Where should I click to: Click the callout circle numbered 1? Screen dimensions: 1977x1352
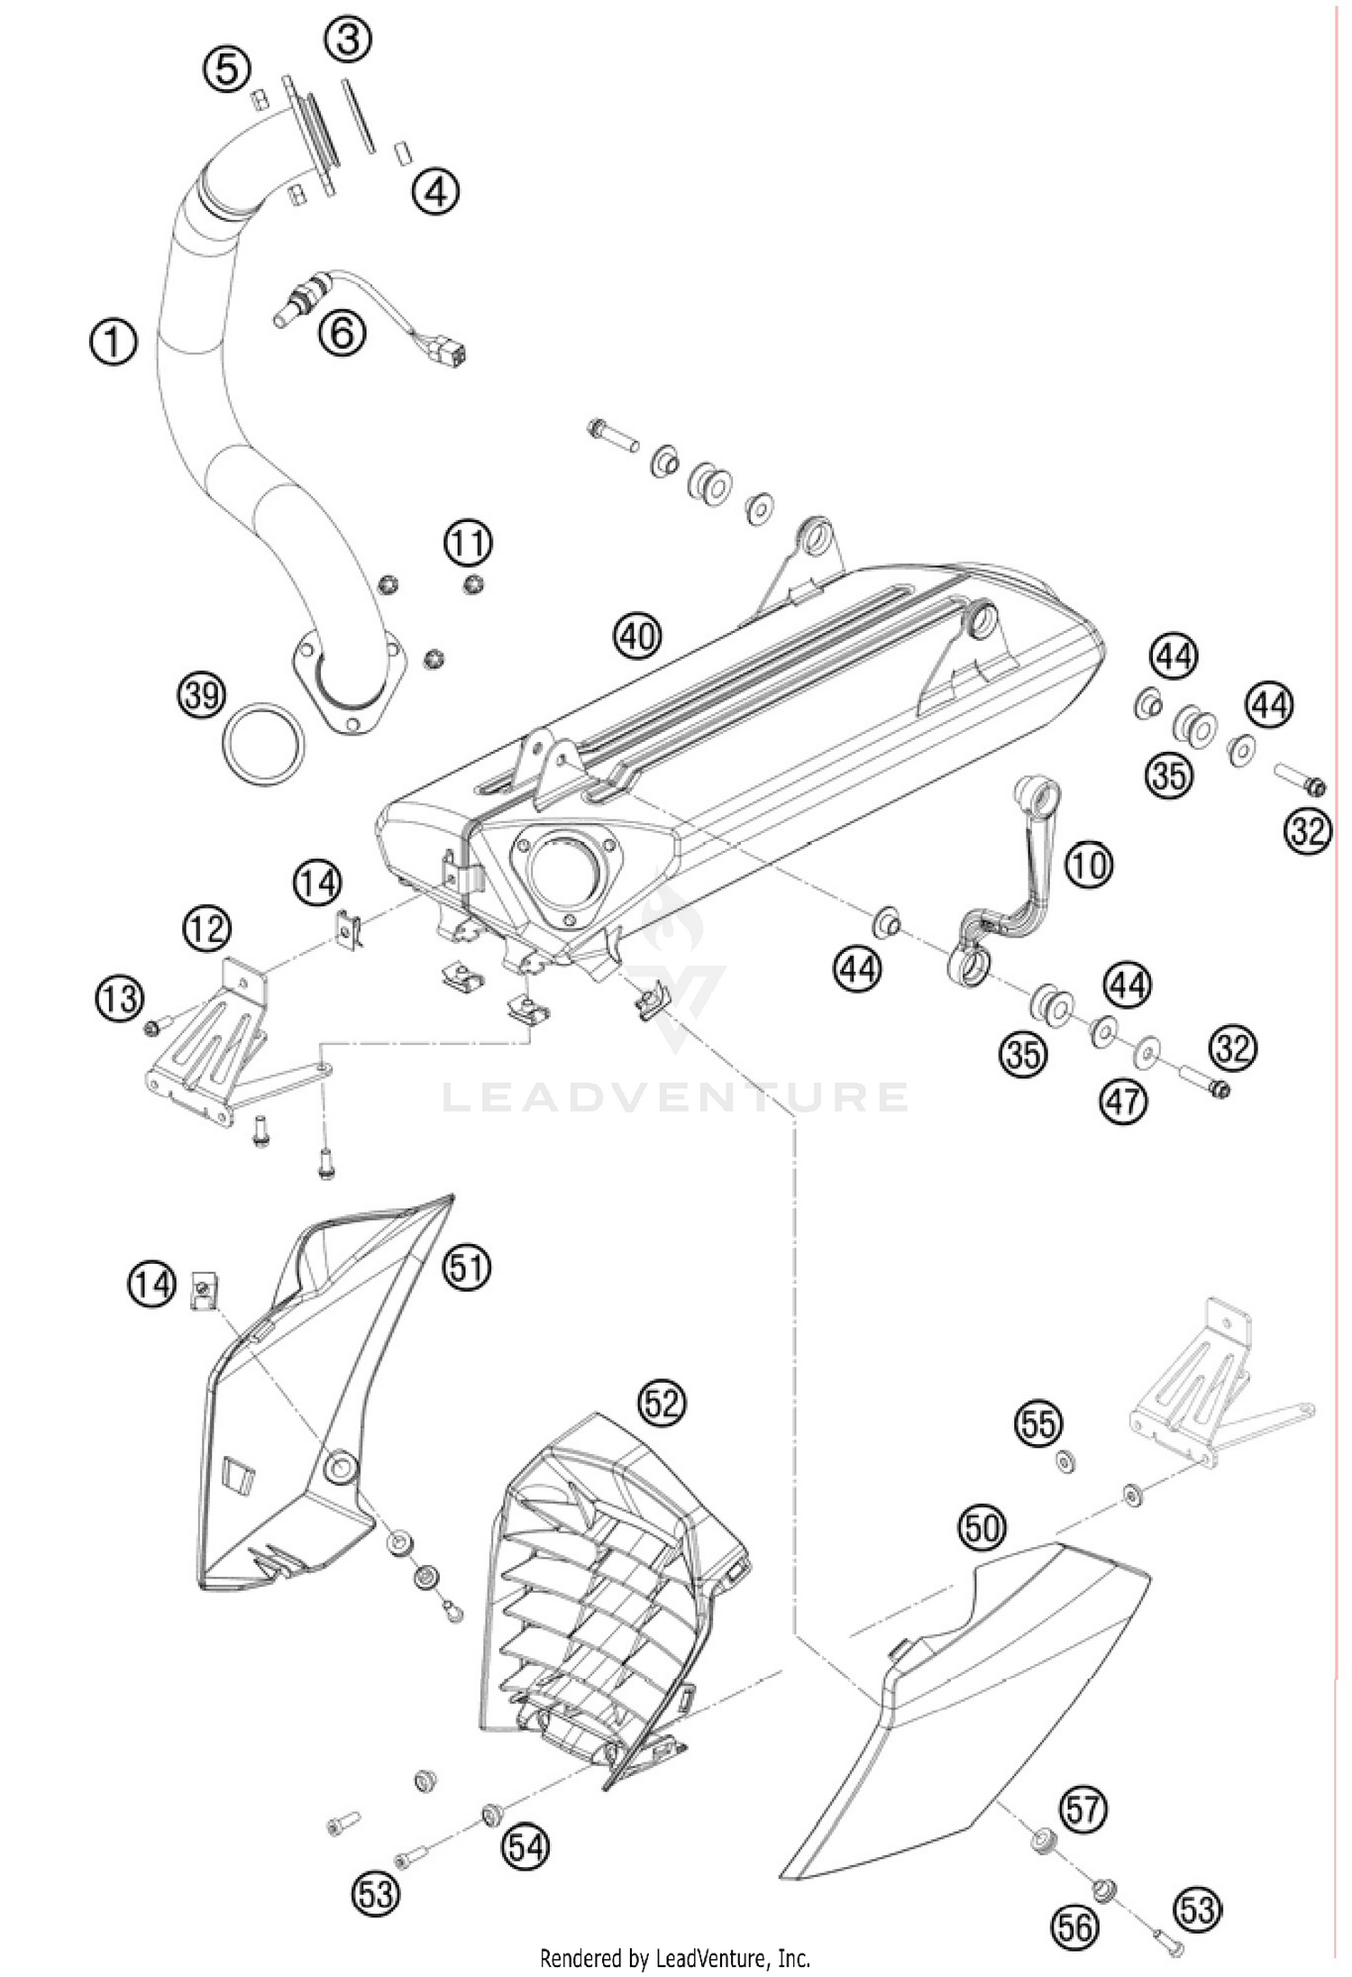[114, 343]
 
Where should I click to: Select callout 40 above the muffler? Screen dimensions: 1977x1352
[637, 637]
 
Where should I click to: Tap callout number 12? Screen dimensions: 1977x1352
[206, 928]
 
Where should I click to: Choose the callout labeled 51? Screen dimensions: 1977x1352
[466, 1268]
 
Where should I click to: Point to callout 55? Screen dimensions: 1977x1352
[1038, 1424]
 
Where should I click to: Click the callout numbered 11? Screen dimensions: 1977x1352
[468, 545]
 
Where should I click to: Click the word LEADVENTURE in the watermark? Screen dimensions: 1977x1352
[675, 1097]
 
